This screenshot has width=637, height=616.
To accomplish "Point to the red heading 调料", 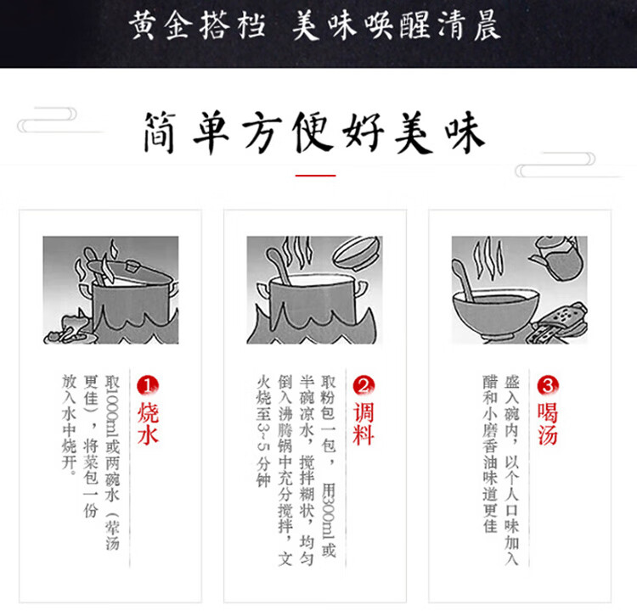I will tap(364, 423).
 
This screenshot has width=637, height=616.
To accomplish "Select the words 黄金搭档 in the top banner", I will tap(196, 26).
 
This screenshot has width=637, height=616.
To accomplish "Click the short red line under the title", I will tap(315, 176).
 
